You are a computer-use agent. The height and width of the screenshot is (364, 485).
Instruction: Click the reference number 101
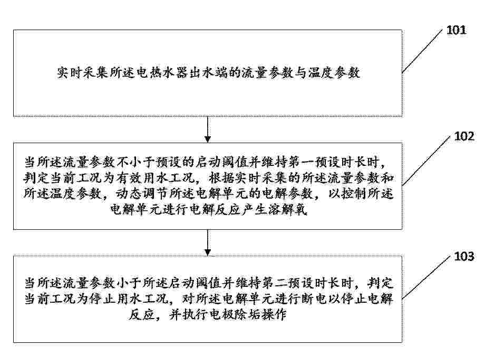pyautogui.click(x=456, y=30)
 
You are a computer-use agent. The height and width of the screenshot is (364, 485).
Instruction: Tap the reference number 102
pyautogui.click(x=464, y=136)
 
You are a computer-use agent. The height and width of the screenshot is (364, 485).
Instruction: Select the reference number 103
pyautogui.click(x=464, y=256)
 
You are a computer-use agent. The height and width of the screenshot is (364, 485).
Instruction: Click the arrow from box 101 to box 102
pyautogui.click(x=208, y=129)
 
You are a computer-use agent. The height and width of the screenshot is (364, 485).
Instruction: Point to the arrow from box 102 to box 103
pyautogui.click(x=208, y=243)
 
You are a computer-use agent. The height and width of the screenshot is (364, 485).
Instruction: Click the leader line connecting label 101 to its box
pyautogui.click(x=422, y=51)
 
